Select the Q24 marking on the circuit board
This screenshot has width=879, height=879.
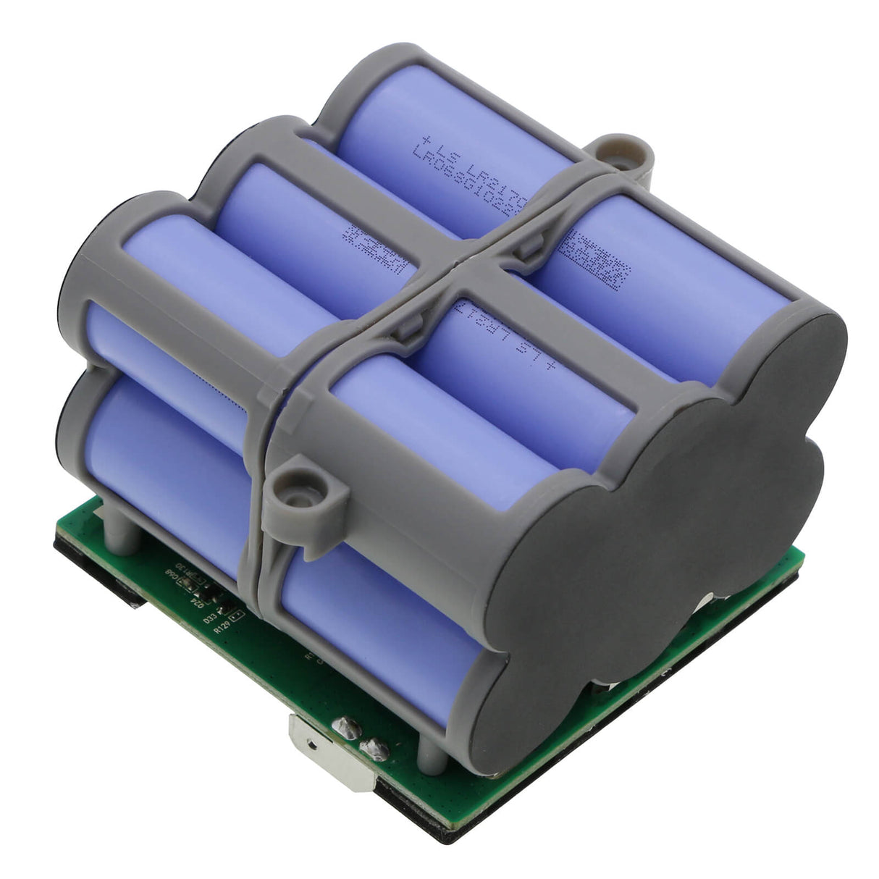(194, 598)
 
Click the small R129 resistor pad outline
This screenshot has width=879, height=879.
(237, 616)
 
